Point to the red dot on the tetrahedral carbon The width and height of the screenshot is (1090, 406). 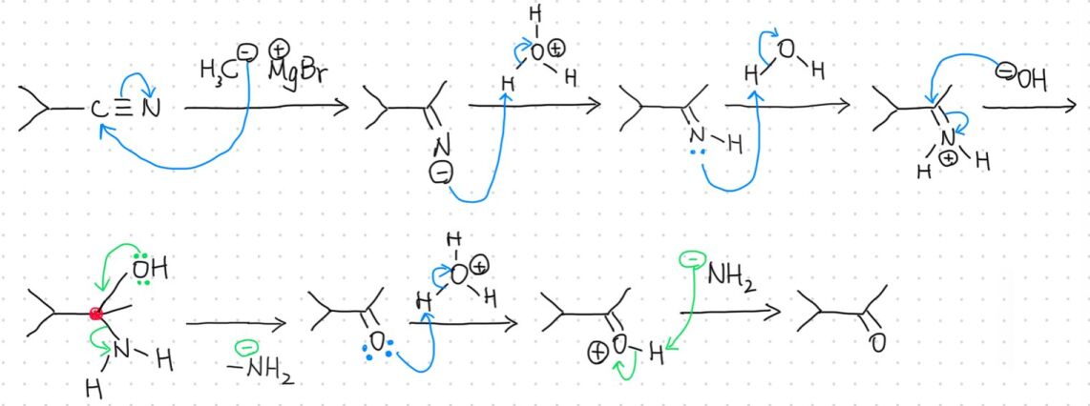(95, 313)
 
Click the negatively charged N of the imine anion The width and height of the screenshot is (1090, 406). (440, 147)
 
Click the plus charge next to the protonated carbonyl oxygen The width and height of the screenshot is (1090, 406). (599, 353)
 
